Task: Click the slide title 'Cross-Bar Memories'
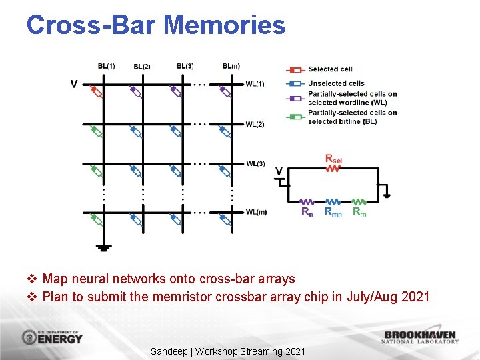[156, 25]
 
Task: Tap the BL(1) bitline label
[106, 66]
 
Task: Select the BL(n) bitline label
[231, 66]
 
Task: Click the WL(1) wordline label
[255, 83]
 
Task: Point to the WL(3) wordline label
[255, 163]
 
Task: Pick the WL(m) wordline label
[256, 212]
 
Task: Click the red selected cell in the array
[97, 92]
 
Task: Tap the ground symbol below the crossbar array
[103, 247]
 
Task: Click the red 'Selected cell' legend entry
[329, 69]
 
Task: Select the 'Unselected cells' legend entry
[335, 83]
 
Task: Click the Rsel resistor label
[334, 159]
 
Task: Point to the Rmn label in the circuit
[333, 212]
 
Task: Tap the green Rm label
[359, 212]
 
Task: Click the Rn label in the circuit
[307, 212]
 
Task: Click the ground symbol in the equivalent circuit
[387, 195]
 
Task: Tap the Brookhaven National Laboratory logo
[420, 337]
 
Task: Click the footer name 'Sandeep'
[169, 351]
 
